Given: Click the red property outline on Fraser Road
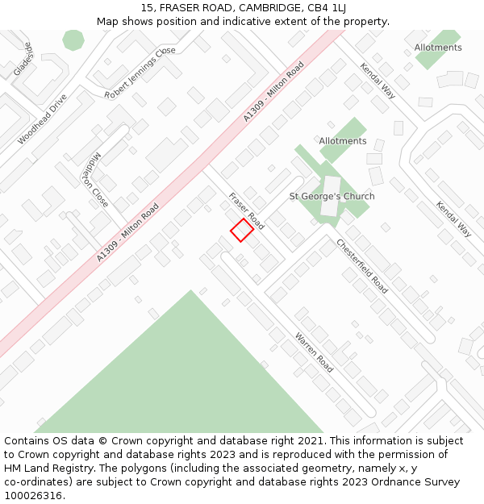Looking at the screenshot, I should tap(242, 230).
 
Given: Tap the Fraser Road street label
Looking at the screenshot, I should tap(246, 210).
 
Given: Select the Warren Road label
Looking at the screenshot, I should tap(314, 352).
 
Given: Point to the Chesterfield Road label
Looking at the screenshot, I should tap(362, 266).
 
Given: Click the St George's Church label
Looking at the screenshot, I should tap(332, 196).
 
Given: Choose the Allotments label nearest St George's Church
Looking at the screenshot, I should tap(342, 141).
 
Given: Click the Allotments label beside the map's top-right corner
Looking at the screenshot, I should tap(438, 48).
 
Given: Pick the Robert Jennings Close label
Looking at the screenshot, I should tap(140, 73).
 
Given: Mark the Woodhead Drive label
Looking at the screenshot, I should tap(42, 119).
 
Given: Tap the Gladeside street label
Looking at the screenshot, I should tap(23, 59).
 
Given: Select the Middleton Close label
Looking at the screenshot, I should tap(94, 178).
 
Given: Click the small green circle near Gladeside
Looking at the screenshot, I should tap(73, 40).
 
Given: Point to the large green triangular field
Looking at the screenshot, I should tap(190, 379).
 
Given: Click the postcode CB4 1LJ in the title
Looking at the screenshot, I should tap(328, 8).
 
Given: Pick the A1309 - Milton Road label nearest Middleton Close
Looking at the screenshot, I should tap(127, 231).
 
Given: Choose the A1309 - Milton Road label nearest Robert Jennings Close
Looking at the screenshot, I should tap(273, 91).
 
